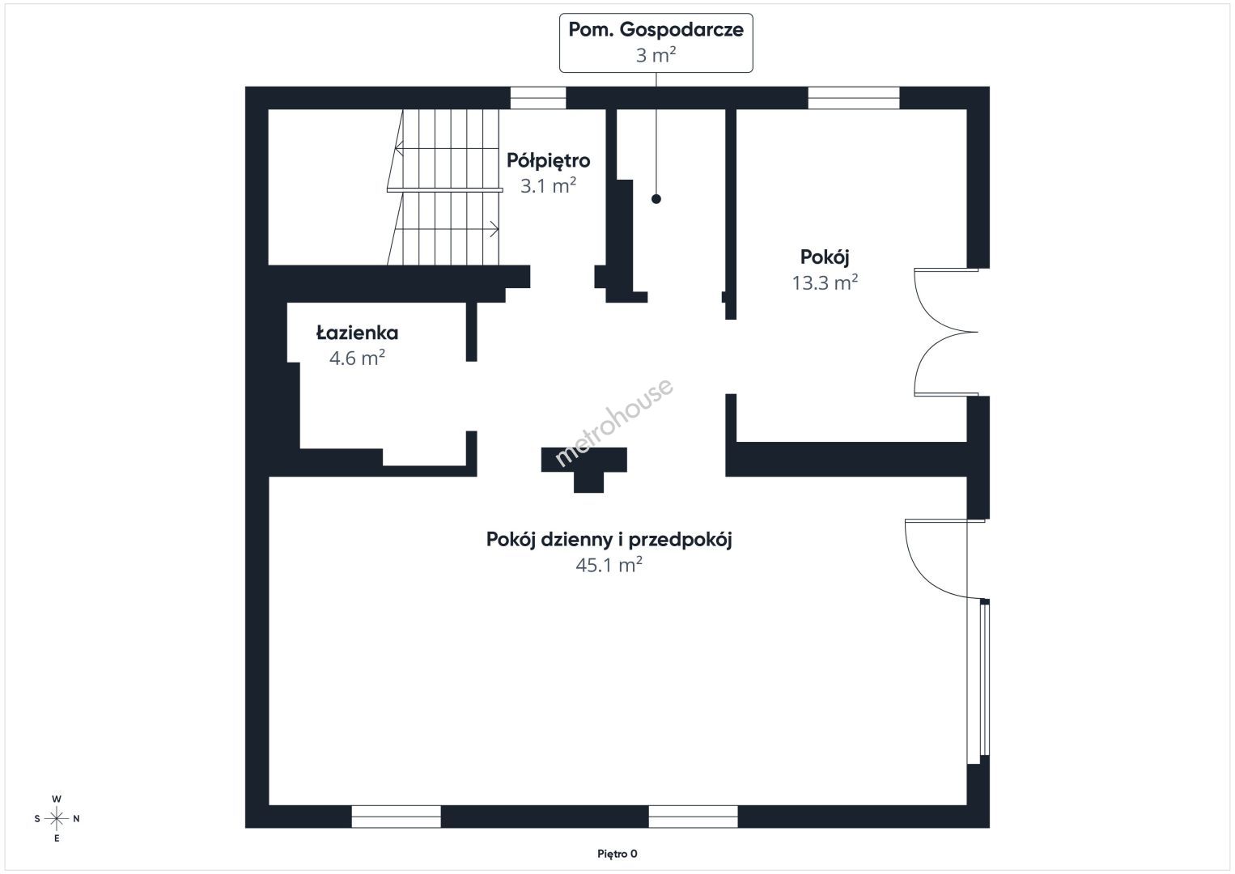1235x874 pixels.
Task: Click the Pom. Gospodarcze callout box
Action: [656, 43]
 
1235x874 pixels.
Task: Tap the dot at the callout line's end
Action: [656, 199]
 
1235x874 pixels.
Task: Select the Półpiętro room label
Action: [548, 161]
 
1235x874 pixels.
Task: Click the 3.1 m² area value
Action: [548, 186]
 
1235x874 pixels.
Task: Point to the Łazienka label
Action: [357, 333]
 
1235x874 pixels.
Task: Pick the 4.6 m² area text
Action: [357, 359]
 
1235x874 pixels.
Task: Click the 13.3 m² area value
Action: [825, 283]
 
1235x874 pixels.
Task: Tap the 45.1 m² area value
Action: [609, 565]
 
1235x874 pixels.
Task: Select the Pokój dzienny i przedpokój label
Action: [609, 540]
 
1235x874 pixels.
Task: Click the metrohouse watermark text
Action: [613, 423]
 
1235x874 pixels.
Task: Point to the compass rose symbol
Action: [56, 819]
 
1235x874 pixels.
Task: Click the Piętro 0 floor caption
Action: [617, 854]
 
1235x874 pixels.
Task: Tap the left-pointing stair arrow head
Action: [399, 149]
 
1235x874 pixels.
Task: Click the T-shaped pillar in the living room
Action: [584, 469]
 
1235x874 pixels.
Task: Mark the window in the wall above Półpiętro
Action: [538, 98]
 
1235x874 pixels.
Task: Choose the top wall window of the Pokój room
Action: [854, 98]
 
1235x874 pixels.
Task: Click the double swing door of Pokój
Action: [945, 332]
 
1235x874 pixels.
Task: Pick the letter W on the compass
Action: [56, 799]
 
